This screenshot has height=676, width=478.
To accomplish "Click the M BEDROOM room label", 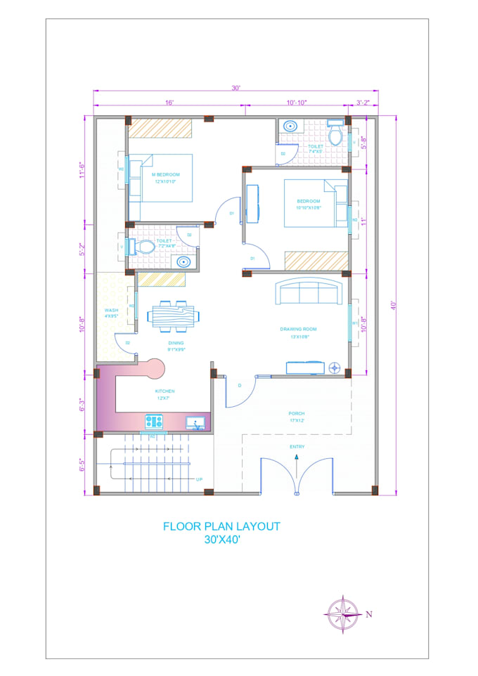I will pos(166,174).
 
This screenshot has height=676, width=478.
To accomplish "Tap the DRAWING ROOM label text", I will pos(298,329).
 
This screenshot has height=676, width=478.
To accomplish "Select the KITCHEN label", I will pos(165,391).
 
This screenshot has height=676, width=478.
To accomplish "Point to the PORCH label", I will pos(296,414).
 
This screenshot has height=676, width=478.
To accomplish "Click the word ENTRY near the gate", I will pos(297,447).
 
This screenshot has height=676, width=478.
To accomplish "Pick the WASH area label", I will pos(111,310).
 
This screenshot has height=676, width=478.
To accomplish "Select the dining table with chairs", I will pos(172,316).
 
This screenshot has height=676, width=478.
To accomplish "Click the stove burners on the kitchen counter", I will pos(154,422).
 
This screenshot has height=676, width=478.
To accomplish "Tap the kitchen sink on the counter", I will pos(195,422).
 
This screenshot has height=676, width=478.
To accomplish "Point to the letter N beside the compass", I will pos(368,614).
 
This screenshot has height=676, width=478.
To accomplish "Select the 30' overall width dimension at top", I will pos(236,88).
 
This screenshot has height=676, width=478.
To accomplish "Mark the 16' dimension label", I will pos(169,103).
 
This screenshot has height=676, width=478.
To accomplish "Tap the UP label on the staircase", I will pos(200,479).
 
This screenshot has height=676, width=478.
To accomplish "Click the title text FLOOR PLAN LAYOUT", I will pos(221,526).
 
